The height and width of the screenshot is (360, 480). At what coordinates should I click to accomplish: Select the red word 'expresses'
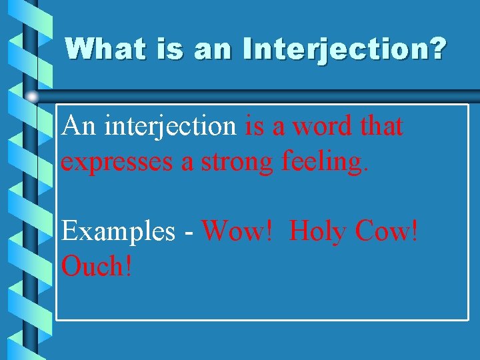118,162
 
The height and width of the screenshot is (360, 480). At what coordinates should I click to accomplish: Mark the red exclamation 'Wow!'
238,231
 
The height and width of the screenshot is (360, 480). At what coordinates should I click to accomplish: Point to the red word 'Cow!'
387,231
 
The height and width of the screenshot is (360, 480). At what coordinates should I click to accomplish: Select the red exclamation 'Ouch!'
97,267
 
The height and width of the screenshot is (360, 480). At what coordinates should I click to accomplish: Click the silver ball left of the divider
32,97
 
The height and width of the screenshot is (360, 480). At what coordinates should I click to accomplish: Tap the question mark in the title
437,49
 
